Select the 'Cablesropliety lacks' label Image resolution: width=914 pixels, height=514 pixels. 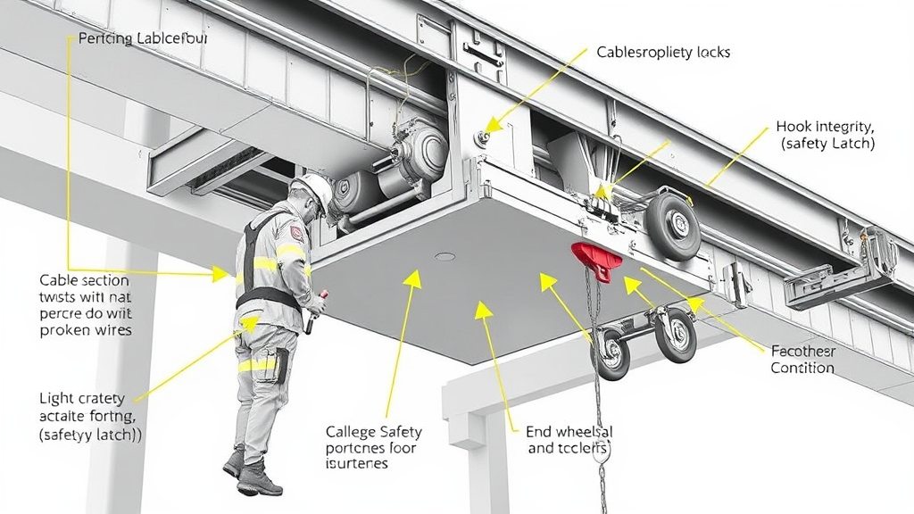click(663, 53)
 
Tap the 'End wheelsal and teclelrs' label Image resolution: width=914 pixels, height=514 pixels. click(569, 440)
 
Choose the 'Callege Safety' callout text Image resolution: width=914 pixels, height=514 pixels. click(373, 432)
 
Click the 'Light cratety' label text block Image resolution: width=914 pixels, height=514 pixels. click(82, 398)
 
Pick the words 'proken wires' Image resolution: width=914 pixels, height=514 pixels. click(86, 330)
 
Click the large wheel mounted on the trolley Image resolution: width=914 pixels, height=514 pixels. click(673, 228)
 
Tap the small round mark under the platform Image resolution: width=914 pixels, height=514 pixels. click(444, 257)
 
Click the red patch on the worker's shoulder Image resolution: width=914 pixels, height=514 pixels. click(295, 234)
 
